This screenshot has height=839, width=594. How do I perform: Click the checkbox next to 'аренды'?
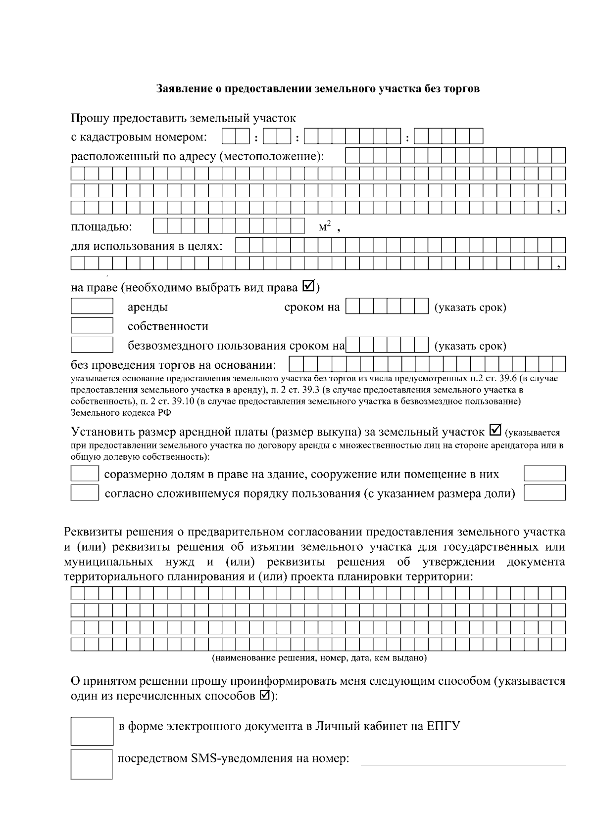click(x=92, y=307)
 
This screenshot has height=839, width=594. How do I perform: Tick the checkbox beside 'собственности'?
click(x=92, y=326)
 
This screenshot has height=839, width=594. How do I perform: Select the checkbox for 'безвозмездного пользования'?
click(x=92, y=345)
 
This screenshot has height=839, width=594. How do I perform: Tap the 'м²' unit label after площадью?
click(x=325, y=227)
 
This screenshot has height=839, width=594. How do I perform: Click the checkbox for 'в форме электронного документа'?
click(x=92, y=731)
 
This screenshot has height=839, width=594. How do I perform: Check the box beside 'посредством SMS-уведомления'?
click(x=92, y=764)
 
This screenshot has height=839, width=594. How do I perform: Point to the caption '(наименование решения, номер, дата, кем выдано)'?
click(x=319, y=658)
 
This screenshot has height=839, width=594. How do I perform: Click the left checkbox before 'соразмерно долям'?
click(x=85, y=474)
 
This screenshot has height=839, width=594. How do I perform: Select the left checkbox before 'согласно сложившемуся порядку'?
click(x=85, y=493)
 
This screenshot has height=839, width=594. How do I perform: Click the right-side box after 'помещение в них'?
click(x=544, y=474)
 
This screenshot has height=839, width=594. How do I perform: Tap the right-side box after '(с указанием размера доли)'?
click(x=544, y=493)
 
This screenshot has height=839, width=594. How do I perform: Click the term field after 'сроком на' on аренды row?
click(x=387, y=307)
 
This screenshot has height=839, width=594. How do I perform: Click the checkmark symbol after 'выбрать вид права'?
click(x=308, y=286)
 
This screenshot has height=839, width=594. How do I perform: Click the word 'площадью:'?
click(x=101, y=227)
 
